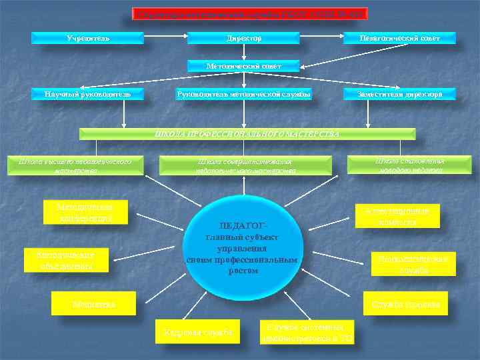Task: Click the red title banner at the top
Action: tap(251, 13)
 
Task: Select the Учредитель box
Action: tap(89, 38)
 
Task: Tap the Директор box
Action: tap(244, 38)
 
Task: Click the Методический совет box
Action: tap(244, 66)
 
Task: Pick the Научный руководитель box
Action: tap(89, 95)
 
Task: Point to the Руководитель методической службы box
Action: tap(244, 95)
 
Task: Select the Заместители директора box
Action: tap(400, 95)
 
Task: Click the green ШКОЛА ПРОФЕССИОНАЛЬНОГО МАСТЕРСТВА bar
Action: tap(247, 133)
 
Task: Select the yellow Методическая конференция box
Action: tap(85, 212)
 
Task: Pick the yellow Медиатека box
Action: tap(94, 304)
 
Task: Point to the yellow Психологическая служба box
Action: tap(414, 263)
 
